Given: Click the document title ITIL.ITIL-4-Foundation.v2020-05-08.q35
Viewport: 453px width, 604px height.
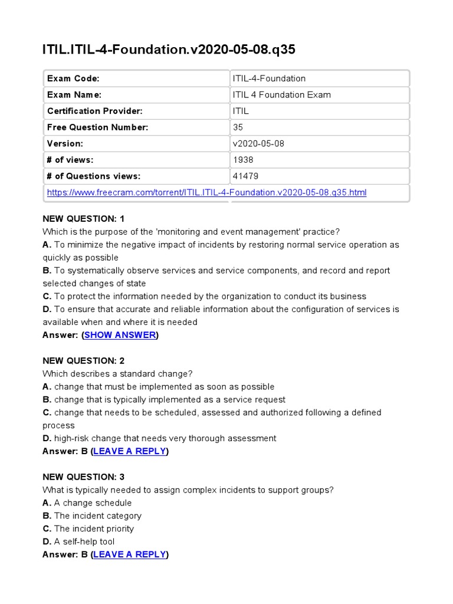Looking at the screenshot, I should pyautogui.click(x=169, y=50).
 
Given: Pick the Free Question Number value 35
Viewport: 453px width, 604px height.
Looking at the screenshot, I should pyautogui.click(x=238, y=127).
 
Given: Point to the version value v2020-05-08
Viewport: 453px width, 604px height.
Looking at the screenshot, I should pyautogui.click(x=259, y=143).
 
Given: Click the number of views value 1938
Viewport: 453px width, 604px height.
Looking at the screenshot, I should pyautogui.click(x=243, y=160).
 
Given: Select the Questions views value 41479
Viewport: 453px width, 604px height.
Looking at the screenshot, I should pyautogui.click(x=245, y=176).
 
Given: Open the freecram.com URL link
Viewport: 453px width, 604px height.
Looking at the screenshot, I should pyautogui.click(x=206, y=192).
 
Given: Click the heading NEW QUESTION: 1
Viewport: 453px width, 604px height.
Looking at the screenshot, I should pyautogui.click(x=83, y=219).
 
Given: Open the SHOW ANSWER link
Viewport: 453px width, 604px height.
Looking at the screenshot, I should pyautogui.click(x=120, y=335).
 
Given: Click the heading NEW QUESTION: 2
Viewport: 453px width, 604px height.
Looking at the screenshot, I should pyautogui.click(x=83, y=361).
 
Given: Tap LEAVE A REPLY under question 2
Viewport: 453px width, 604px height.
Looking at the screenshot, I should pyautogui.click(x=129, y=451).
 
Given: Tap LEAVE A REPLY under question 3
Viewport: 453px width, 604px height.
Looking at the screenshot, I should pyautogui.click(x=129, y=554).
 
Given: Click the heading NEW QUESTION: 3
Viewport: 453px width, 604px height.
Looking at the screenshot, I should pyautogui.click(x=83, y=477).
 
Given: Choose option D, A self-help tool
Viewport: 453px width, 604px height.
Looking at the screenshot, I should pyautogui.click(x=78, y=541).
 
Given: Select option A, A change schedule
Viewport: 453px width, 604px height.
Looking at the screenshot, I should pyautogui.click(x=87, y=503).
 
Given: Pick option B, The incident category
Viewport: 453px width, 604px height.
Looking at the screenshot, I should pyautogui.click(x=92, y=516).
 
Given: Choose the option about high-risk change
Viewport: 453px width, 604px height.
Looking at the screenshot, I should pyautogui.click(x=159, y=438).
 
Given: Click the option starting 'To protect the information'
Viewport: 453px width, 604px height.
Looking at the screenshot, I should pyautogui.click(x=204, y=296).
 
